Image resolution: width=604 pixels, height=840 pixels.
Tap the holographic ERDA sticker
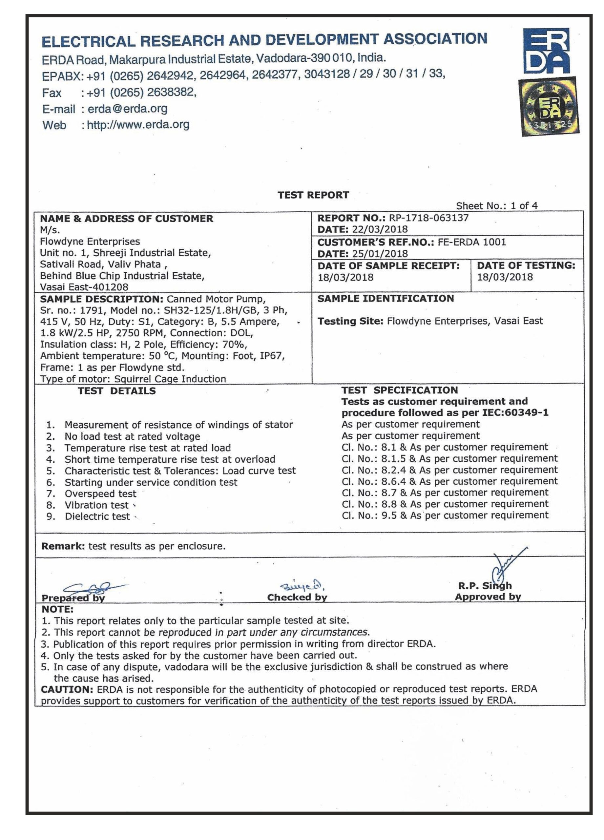[x=549, y=106]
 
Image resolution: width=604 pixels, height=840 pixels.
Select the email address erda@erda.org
[x=127, y=109]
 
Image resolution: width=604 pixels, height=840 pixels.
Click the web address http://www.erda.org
[x=138, y=124]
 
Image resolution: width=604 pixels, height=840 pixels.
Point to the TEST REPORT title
[x=313, y=195]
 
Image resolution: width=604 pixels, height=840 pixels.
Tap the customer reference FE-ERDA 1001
[x=472, y=242]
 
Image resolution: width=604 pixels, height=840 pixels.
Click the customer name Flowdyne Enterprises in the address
[x=90, y=241]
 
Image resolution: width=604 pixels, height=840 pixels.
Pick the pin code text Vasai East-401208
[x=84, y=287]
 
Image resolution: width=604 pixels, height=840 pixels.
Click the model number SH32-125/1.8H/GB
[x=209, y=310]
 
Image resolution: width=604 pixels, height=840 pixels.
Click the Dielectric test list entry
[x=97, y=517]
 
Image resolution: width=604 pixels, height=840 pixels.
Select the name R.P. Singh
[x=485, y=586]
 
